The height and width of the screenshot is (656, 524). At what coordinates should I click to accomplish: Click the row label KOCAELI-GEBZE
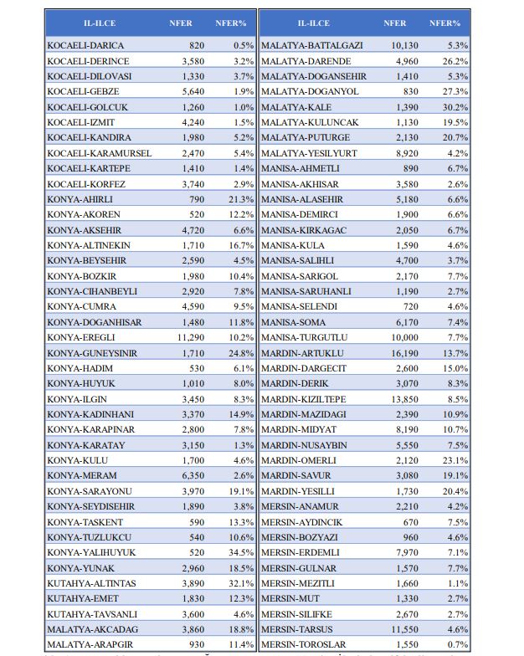pyautogui.click(x=83, y=91)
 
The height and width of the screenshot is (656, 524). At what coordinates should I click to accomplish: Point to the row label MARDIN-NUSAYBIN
pyautogui.click(x=304, y=445)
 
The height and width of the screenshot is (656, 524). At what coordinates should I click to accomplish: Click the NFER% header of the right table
pyautogui.click(x=444, y=23)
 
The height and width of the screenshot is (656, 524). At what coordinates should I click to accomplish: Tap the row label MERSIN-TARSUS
pyautogui.click(x=299, y=629)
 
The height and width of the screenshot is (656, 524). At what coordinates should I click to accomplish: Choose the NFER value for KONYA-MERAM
pyautogui.click(x=193, y=476)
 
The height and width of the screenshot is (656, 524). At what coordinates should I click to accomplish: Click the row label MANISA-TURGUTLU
pyautogui.click(x=305, y=337)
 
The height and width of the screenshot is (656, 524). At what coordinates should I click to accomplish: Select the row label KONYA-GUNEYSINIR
pyautogui.click(x=92, y=353)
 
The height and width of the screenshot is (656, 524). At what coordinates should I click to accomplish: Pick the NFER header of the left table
pyautogui.click(x=181, y=23)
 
